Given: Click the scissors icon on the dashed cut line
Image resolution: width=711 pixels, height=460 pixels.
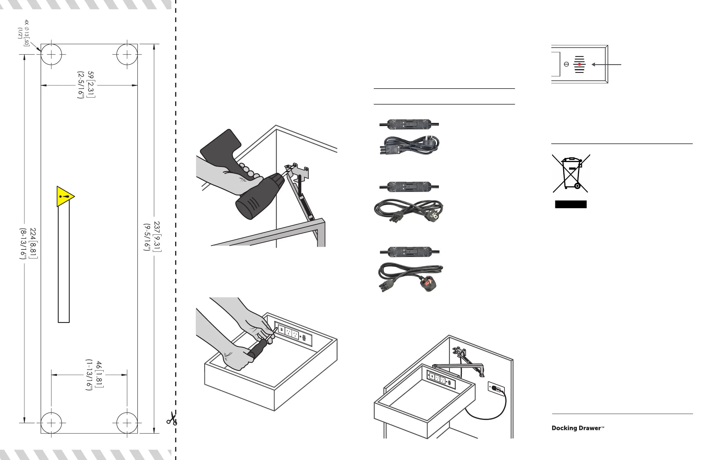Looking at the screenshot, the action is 172,418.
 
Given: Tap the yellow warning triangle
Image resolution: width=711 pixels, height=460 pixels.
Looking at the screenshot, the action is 64,196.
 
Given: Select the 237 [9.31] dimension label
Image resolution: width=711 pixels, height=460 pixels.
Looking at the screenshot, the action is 153,236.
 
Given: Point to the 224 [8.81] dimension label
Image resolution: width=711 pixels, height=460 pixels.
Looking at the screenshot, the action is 28,243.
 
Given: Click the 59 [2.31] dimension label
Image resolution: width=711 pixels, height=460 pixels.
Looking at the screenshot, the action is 86,85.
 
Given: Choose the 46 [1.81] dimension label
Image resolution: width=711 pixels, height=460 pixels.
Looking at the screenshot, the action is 95,375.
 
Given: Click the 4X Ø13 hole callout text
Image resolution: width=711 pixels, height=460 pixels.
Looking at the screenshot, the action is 24,33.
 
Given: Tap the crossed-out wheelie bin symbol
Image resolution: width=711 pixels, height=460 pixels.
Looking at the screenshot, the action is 571,173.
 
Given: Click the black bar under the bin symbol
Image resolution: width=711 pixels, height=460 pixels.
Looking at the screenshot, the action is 571,204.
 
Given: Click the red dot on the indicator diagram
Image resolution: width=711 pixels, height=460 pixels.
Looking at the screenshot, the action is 579,64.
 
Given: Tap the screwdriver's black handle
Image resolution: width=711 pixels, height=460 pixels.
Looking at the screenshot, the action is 257,349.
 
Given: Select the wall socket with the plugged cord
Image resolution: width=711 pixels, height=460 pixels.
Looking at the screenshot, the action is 496,388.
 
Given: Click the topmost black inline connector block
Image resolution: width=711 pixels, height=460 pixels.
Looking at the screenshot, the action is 409,124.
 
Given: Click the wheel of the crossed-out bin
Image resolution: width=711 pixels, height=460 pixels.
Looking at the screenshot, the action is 577,186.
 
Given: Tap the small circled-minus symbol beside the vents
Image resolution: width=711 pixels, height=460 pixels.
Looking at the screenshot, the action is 566,64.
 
